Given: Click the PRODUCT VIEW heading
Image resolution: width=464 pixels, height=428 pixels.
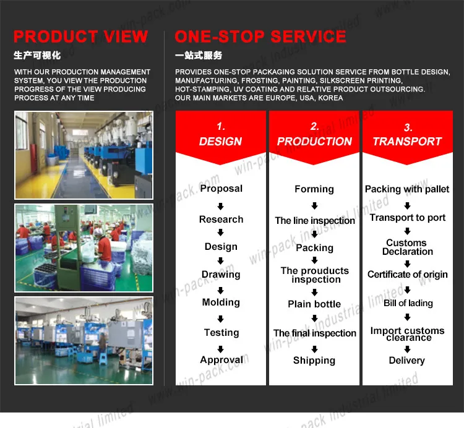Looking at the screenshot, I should tap(80, 36).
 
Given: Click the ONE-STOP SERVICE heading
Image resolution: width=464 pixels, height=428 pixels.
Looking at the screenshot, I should tap(260, 36).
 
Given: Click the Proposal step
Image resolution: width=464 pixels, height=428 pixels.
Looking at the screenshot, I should tap(221, 189).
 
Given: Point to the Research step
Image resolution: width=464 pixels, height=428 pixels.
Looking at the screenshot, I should tap(221, 220).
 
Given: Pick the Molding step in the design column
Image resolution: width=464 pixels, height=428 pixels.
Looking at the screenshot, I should tap(221, 302).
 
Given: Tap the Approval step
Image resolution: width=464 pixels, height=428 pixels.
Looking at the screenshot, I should tap(221, 360).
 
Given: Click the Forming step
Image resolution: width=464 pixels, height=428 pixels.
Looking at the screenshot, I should tap(314, 189).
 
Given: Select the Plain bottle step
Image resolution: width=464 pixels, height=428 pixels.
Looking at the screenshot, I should tap(314, 304).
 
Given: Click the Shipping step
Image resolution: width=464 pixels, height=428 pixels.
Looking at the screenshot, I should tap(314, 361).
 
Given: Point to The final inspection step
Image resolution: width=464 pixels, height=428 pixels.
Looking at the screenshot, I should tap(315, 333).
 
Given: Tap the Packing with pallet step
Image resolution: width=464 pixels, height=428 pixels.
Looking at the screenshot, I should tap(407, 189).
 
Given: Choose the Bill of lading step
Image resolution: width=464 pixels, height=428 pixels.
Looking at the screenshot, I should tap(408, 303).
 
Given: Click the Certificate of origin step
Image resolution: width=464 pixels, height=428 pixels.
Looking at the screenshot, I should tap(408, 275).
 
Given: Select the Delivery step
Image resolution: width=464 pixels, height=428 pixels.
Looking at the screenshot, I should tap(407, 361).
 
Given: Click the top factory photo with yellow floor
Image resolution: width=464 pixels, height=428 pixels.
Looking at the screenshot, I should tap(84, 155).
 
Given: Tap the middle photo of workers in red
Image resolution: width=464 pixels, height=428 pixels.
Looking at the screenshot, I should tap(84, 248).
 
